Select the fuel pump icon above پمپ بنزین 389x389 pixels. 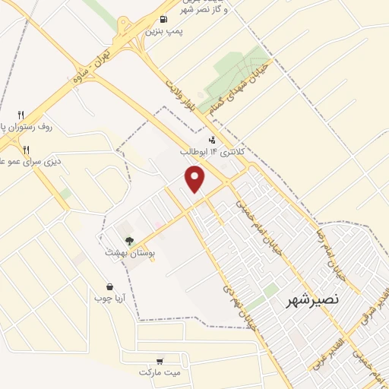point(164,20)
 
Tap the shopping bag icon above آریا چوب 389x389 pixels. point(111,287)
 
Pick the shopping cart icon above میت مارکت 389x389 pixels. point(160,362)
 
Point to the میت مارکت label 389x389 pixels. point(160,373)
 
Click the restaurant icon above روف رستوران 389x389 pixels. point(21,115)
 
